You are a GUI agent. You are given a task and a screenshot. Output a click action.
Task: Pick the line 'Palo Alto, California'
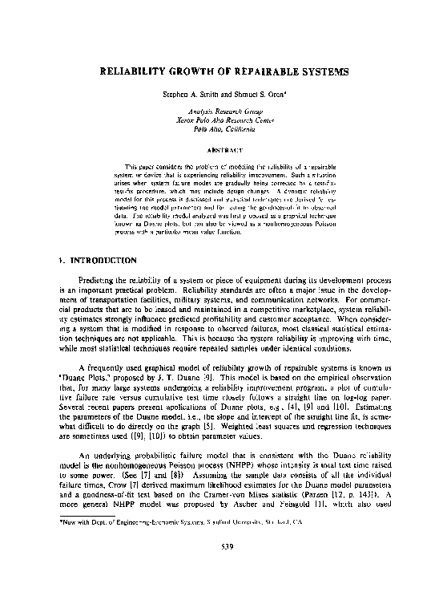tap(223, 128)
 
